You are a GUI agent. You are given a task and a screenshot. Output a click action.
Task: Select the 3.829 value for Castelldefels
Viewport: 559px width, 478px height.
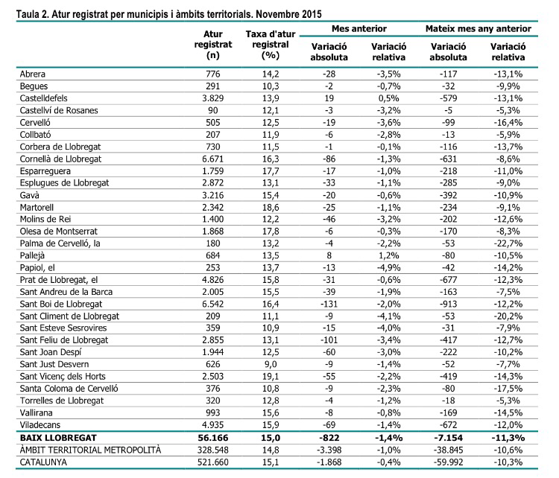214,99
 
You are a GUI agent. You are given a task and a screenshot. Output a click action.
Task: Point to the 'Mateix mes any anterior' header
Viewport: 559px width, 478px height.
478,28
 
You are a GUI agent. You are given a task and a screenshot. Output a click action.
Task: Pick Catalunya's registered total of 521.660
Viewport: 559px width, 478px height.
214,462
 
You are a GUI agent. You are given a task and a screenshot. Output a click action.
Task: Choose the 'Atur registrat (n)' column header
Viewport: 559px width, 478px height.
213,44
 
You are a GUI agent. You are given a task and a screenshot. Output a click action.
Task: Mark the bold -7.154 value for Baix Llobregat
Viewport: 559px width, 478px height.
448,437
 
